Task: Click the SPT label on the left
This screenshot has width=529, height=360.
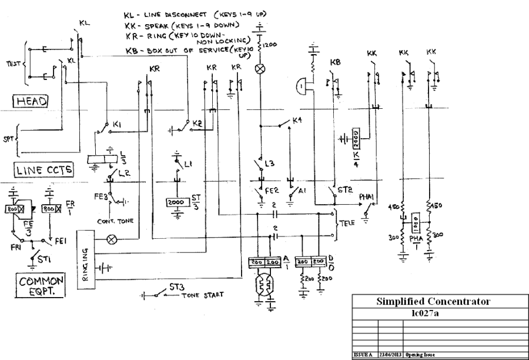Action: tap(8, 139)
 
